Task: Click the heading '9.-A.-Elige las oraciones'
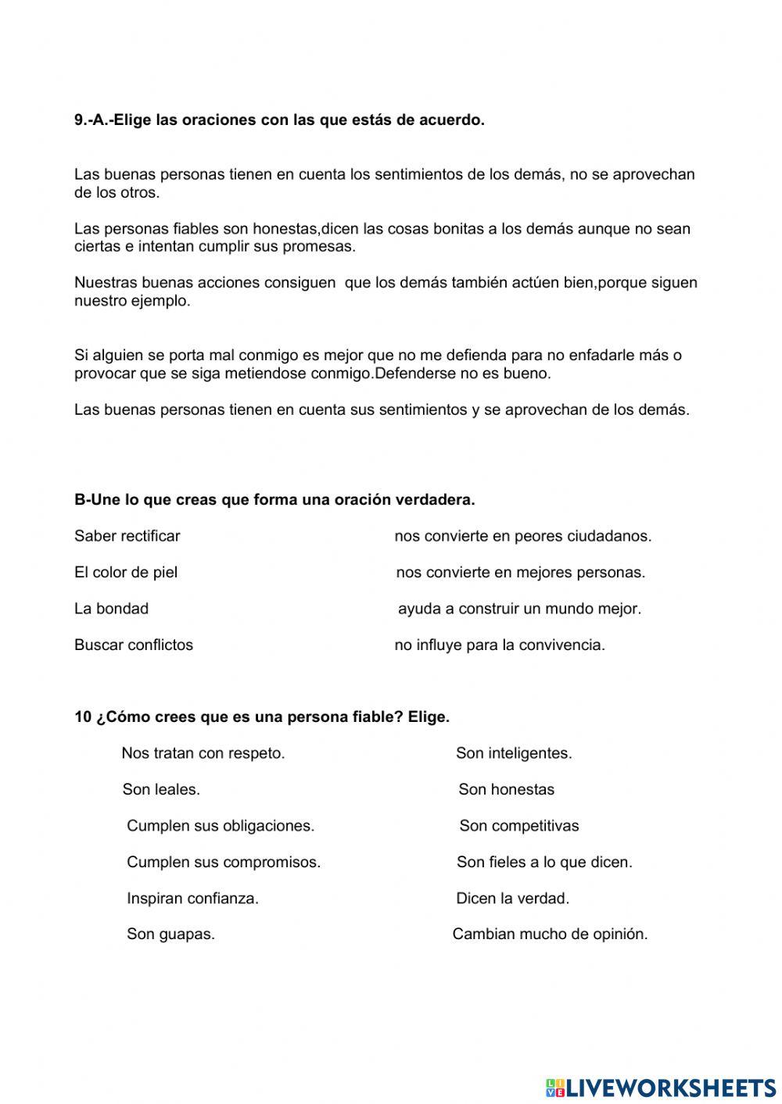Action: tap(279, 120)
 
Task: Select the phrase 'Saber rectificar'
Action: tap(127, 536)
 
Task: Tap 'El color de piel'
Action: tap(126, 573)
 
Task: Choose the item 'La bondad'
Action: tap(111, 609)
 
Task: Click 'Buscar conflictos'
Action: tap(134, 645)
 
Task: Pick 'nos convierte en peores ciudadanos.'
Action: tap(522, 536)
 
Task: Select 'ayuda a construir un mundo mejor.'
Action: tap(519, 609)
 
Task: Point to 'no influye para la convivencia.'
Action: tap(500, 645)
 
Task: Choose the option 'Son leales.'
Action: tap(161, 790)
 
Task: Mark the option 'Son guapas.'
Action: tap(170, 934)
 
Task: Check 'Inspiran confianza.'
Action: tap(192, 899)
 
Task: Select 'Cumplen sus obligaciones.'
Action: tap(221, 826)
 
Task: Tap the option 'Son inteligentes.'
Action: tap(514, 754)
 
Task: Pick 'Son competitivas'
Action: tap(519, 826)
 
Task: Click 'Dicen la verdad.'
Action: tap(512, 899)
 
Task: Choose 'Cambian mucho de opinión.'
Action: tap(550, 934)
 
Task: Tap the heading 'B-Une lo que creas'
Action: tap(274, 500)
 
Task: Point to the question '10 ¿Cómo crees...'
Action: tap(262, 717)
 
